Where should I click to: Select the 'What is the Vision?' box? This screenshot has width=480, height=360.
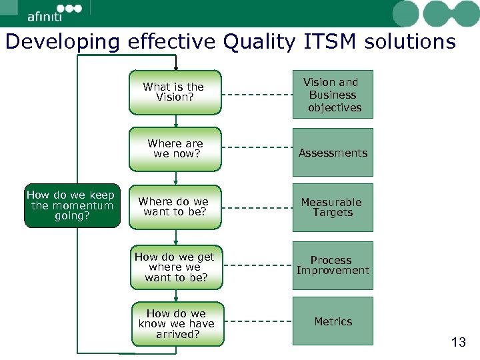[175, 92]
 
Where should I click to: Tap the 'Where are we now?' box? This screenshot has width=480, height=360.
[175, 149]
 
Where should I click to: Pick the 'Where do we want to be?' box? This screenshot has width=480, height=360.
[175, 207]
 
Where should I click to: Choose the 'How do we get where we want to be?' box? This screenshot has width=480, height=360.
[175, 267]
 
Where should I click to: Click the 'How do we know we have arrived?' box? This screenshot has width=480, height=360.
[177, 323]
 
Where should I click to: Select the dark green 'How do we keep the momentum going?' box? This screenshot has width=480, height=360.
[71, 205]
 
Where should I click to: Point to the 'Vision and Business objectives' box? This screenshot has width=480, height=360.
[333, 95]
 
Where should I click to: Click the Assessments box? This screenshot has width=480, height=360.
[333, 153]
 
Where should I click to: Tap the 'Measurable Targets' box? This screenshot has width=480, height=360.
[333, 207]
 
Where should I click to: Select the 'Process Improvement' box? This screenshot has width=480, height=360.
[333, 265]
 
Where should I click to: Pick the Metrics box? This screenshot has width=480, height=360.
[333, 321]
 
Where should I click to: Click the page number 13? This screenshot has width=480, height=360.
[458, 343]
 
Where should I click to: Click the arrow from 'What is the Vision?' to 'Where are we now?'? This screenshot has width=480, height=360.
[175, 121]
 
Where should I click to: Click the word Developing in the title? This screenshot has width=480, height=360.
[62, 42]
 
